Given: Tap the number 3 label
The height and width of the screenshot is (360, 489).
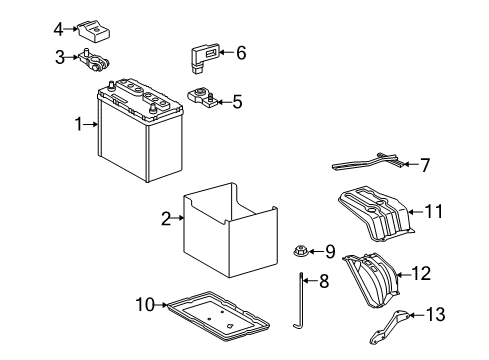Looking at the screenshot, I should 60,57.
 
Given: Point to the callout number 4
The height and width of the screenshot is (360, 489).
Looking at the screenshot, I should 60,28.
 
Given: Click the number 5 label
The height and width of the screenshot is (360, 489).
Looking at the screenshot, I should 237,101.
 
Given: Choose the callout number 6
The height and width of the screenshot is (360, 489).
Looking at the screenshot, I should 240,53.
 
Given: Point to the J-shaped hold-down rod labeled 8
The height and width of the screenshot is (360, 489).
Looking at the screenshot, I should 300,305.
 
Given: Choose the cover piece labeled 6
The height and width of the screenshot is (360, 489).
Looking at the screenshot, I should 199,56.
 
